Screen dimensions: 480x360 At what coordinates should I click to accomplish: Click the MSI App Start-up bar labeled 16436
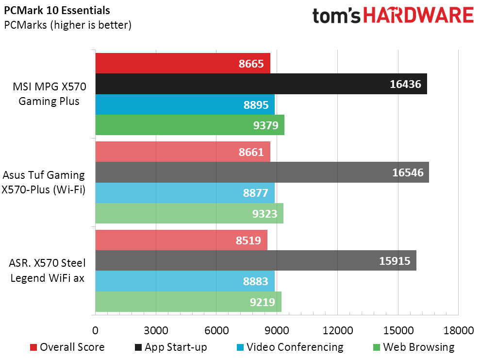click(261, 84)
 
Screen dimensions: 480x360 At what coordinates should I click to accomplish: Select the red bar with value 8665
click(183, 63)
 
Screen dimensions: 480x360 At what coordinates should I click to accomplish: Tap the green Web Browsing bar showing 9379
click(190, 125)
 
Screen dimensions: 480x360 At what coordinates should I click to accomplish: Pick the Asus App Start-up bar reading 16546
click(262, 172)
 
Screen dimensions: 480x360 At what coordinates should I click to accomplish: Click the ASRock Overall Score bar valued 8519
click(181, 240)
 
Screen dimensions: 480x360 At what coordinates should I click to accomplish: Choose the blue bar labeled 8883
click(185, 281)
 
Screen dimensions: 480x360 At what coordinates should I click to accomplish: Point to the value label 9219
click(263, 302)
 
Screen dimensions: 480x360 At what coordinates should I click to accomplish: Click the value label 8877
click(256, 193)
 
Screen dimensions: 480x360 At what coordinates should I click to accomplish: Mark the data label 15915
click(395, 261)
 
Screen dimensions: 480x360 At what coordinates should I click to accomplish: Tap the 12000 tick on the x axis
click(338, 330)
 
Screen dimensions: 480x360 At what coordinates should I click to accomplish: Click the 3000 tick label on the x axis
click(156, 330)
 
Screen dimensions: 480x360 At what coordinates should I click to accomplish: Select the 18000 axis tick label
click(459, 330)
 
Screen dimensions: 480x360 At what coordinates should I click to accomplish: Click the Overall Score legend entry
click(67, 347)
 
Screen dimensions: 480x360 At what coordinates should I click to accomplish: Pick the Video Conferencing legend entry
click(290, 347)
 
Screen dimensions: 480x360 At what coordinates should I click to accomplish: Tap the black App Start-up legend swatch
click(138, 347)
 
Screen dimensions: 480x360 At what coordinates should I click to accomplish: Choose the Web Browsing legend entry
click(414, 347)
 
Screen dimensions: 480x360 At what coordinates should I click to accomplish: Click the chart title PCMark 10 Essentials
click(57, 10)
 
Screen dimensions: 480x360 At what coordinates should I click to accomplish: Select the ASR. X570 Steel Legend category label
click(47, 271)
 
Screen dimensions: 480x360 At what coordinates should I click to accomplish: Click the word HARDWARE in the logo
click(418, 16)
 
